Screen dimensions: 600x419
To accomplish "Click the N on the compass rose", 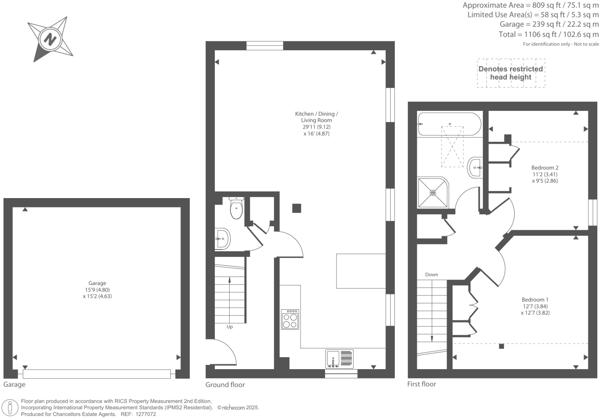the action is point(50,40).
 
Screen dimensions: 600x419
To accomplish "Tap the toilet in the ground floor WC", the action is point(236,208).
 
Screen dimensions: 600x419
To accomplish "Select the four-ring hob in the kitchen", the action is point(290,319).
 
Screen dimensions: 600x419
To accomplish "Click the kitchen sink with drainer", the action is point(339,359).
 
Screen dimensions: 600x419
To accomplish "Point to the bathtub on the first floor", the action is point(449,124).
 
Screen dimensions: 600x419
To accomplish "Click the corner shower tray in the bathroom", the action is point(433,192).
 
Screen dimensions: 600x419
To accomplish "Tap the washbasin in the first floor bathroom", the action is point(475,167).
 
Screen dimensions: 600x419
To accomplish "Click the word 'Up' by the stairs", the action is point(229,327).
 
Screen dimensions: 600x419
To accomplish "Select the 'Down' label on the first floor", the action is point(432,275).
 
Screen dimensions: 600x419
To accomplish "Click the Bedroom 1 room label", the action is point(535,300).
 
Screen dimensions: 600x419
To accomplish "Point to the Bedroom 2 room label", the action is point(545,168).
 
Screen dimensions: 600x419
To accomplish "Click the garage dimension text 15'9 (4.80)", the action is point(97,290).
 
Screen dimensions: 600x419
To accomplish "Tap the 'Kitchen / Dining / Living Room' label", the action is point(316,117).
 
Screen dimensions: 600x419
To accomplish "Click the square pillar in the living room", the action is point(296,208).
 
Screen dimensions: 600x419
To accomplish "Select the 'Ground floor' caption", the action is point(225,385).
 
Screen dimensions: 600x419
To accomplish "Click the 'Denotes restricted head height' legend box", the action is point(511,73).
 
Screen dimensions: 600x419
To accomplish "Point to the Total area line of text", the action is point(548,34).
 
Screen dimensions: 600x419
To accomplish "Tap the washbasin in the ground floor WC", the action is point(222,239).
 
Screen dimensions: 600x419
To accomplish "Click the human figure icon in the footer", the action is point(10,408).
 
